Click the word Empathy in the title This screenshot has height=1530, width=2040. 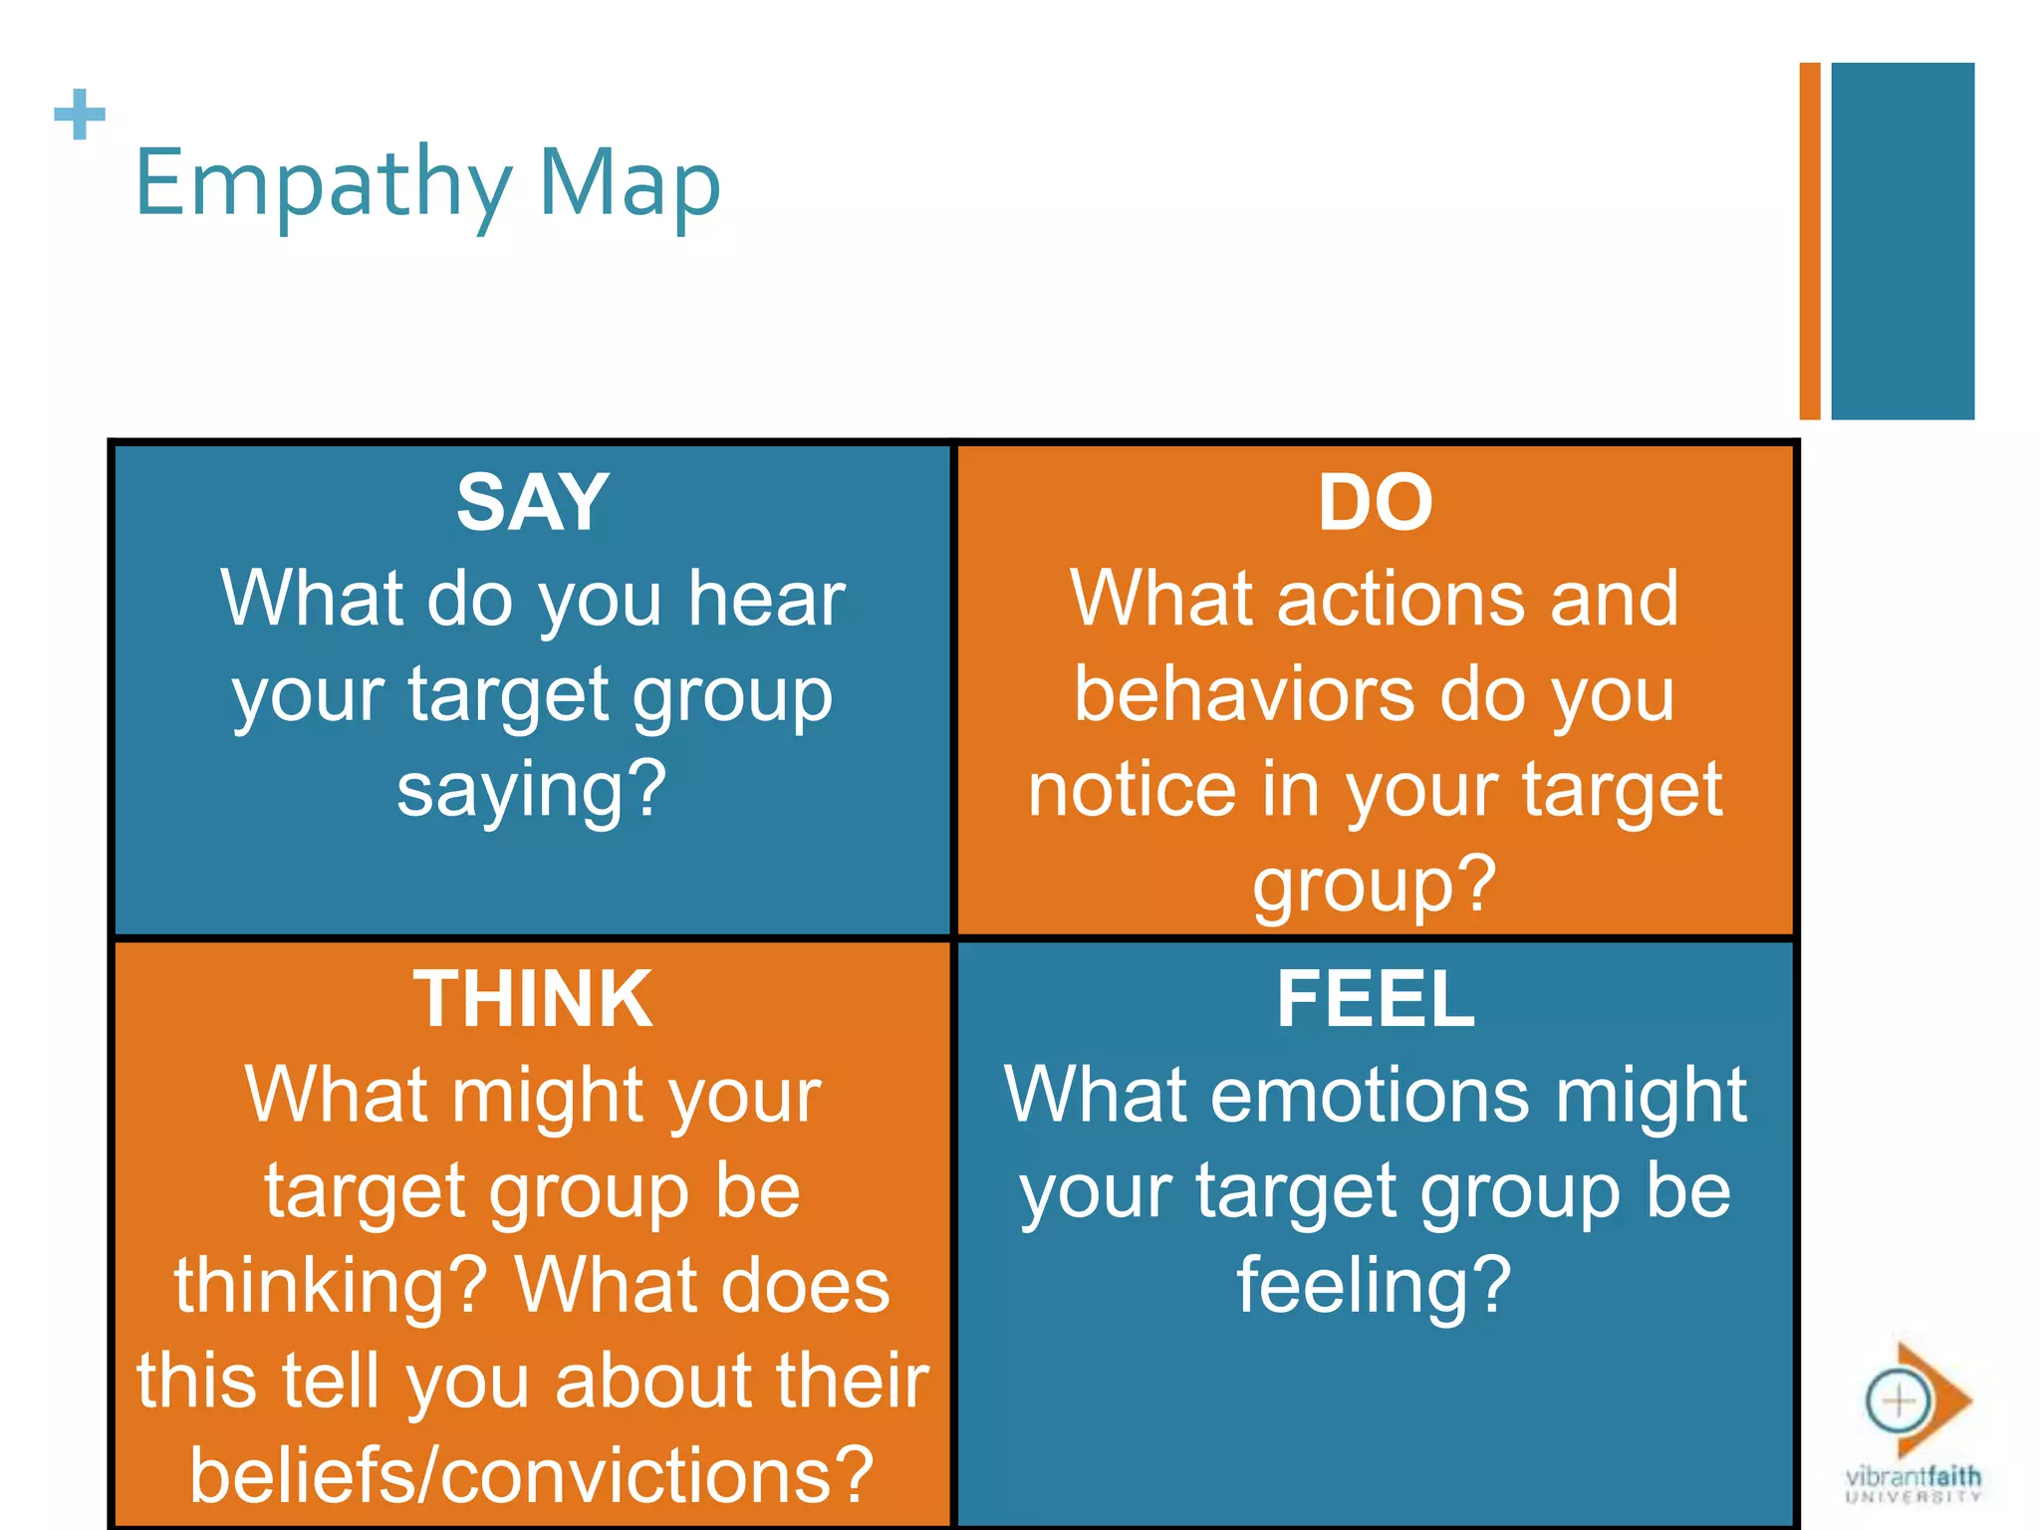point(323,184)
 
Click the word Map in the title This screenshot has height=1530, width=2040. point(630,184)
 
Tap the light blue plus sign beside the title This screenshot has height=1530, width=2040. point(80,115)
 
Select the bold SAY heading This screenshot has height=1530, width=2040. point(533,503)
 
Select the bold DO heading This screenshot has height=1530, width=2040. point(1376,503)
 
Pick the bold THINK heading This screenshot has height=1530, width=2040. point(533,999)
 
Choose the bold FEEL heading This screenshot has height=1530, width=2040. point(1376,999)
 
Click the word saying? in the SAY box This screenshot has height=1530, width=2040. point(532,789)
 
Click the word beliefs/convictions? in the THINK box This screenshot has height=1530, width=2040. point(532,1475)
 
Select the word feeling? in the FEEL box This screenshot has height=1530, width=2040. point(1375,1285)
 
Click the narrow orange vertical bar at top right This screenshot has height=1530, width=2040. point(1809,241)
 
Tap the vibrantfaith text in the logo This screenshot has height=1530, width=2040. point(1913,1476)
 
